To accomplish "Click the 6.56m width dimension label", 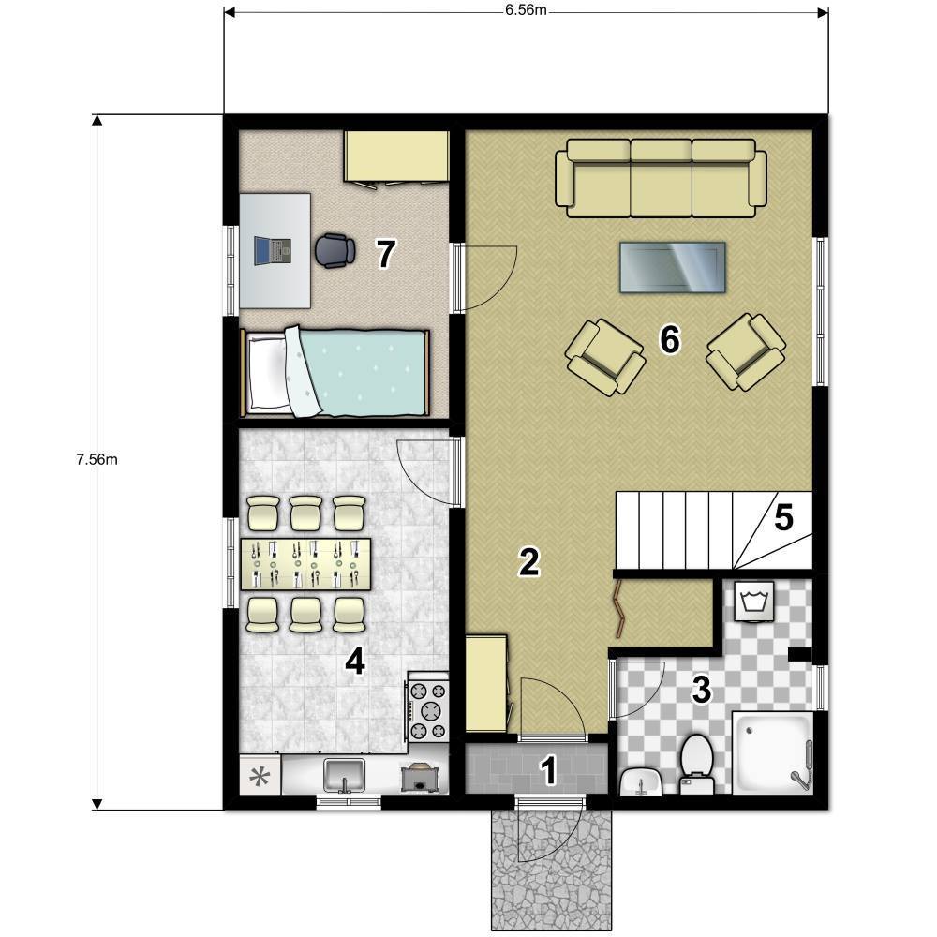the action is tap(526, 10).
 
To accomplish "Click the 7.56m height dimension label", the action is tap(97, 459).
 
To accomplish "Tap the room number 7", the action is tap(385, 254).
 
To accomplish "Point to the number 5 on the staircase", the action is tap(783, 517).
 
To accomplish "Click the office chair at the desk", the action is tap(335, 250).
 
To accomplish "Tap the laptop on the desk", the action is tap(273, 251).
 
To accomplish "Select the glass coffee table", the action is tap(672, 267).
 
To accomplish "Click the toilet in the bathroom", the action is tap(697, 765).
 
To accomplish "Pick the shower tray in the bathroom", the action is tap(773, 752).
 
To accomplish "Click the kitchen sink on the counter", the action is tap(344, 775).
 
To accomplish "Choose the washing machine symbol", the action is tap(754, 602).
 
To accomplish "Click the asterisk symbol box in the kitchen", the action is tap(260, 775).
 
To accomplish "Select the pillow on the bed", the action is tap(268, 373).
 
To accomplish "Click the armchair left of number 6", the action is tap(605, 357).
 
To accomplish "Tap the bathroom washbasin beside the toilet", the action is tap(641, 781).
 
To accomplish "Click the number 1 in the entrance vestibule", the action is tap(548, 770).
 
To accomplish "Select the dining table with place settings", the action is tap(305, 564).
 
